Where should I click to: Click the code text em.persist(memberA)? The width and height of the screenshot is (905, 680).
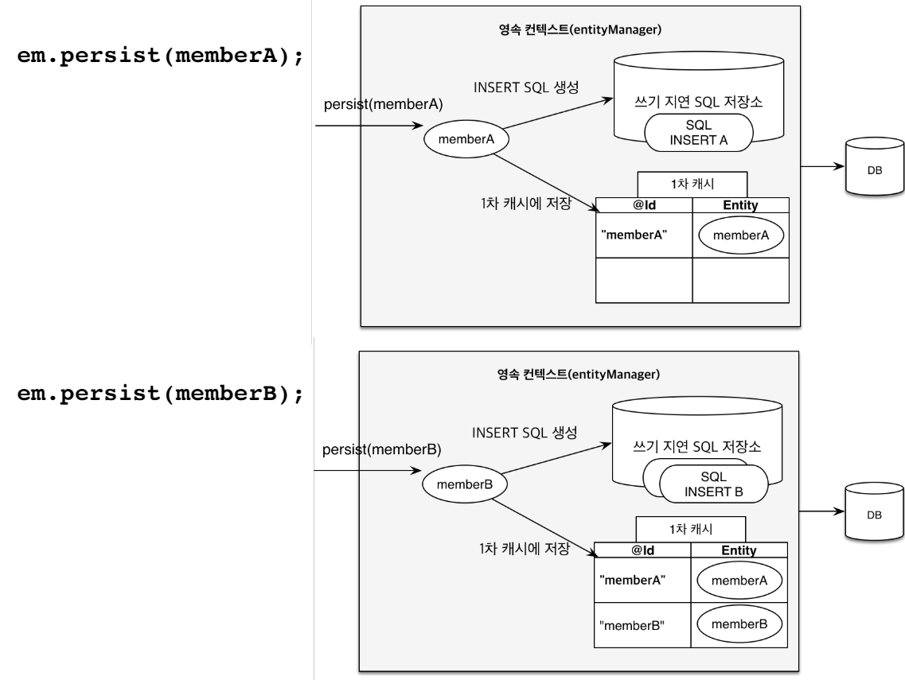coord(161,56)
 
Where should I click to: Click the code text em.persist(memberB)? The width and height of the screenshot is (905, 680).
coord(161,394)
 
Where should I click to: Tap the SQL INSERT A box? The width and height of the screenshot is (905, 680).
coord(698,133)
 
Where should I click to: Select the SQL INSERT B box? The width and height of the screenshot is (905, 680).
coord(713,484)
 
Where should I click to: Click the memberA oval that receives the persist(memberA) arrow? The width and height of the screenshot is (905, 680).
coord(466,139)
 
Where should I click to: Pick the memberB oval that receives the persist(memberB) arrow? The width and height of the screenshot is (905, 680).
coord(465,484)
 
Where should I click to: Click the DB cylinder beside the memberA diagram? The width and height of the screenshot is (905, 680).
coord(875,167)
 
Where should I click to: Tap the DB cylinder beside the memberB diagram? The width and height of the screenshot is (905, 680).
coord(874,512)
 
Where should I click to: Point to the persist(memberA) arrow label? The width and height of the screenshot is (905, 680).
coord(383,104)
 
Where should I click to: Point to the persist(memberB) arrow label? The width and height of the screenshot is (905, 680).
coord(381,449)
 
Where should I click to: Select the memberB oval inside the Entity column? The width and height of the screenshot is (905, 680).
coord(739,624)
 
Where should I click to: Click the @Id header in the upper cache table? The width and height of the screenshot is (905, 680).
coord(644,205)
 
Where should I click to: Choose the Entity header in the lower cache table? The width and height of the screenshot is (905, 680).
coord(739,550)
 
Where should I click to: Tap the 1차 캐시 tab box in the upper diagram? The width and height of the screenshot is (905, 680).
coord(692,184)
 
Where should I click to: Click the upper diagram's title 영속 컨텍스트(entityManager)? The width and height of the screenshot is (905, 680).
coord(580,29)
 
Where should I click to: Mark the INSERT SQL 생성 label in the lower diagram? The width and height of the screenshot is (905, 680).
coord(525,433)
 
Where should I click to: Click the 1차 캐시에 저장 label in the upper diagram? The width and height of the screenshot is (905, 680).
coord(526,203)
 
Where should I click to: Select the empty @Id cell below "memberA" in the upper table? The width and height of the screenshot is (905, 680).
coord(644,280)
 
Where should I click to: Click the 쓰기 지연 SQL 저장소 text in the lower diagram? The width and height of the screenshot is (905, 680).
coord(696,446)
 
